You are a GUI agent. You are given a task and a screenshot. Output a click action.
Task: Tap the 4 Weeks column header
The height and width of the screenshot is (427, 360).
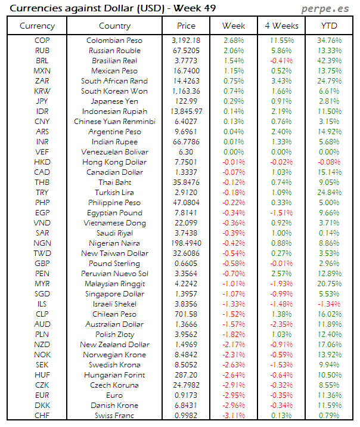[x=281, y=26]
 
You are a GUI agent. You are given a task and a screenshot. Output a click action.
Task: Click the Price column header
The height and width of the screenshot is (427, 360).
[x=186, y=26]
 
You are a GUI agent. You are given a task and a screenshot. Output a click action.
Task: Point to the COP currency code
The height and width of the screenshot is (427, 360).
[x=42, y=41]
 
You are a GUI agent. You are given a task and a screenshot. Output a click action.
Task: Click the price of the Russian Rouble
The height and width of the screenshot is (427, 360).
[x=186, y=51]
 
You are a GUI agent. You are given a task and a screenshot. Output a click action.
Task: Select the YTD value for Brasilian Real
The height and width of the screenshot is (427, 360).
[x=328, y=61]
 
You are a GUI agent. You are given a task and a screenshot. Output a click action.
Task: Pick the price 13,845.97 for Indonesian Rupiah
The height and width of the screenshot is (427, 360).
[x=186, y=112]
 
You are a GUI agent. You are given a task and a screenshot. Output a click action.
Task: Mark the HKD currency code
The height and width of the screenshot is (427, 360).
[x=42, y=162]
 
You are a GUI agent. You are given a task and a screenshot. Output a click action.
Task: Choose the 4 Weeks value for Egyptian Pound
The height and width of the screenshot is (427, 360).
[x=281, y=213]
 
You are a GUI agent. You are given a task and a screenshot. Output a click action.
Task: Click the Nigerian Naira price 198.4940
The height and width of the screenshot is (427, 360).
[x=186, y=243]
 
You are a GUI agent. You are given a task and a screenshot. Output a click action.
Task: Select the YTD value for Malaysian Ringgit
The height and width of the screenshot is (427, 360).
[x=328, y=284]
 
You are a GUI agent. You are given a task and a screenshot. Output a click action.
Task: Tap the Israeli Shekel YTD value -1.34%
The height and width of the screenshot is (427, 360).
[x=328, y=304]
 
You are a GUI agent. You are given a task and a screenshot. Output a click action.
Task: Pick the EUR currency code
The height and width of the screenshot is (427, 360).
[x=42, y=395]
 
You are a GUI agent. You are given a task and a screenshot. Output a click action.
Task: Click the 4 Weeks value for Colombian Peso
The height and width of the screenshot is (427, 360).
[x=281, y=41]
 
